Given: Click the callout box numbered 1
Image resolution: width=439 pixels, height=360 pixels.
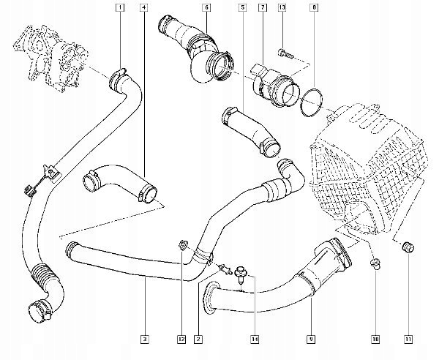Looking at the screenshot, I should (x=120, y=8).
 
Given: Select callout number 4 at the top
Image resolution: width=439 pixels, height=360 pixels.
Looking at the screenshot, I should (x=143, y=8).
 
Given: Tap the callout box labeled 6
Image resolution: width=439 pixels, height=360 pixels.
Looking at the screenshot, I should (x=206, y=8).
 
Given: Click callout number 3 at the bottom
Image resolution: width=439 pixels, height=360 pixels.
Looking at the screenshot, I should (x=146, y=339).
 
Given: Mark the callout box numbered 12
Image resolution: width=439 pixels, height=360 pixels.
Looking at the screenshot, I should (x=179, y=339).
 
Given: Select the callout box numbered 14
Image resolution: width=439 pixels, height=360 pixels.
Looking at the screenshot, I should (x=255, y=339).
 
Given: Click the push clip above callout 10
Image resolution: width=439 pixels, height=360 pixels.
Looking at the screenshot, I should (x=375, y=263).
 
